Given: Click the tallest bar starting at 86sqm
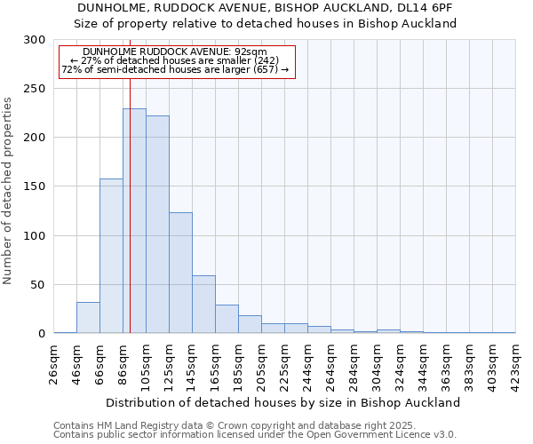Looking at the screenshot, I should click(x=134, y=221).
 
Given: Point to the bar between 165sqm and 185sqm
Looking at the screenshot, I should click(x=227, y=319).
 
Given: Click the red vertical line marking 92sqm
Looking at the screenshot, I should click(x=130, y=178).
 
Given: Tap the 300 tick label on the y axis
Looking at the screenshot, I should click(x=35, y=40).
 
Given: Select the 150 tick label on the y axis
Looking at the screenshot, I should click(x=35, y=186).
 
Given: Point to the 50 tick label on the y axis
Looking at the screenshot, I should click(x=38, y=285).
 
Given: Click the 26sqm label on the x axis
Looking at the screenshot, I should click(x=54, y=364).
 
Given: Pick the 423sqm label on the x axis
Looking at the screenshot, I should click(x=515, y=364).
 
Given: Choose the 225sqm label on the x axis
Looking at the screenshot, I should click(x=284, y=364).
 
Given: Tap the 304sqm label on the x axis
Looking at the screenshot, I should click(x=377, y=364).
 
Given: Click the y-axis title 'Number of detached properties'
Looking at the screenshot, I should click(x=8, y=186).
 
